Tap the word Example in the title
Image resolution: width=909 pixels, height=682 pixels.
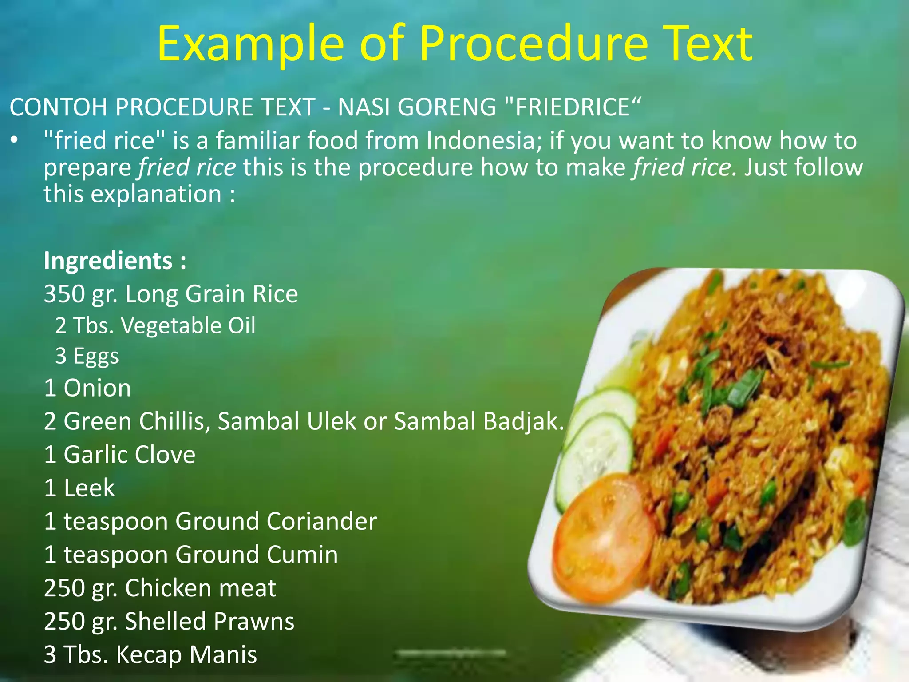click(x=250, y=44)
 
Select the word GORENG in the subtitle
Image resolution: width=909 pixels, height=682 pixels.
click(x=447, y=107)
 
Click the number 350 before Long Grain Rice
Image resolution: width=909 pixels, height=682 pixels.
click(x=64, y=294)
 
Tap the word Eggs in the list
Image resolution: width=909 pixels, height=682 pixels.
click(x=96, y=356)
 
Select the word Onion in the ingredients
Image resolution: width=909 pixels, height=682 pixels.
click(x=97, y=388)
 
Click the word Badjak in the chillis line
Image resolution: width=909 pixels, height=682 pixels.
click(x=523, y=421)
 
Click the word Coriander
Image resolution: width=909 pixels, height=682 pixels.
click(x=321, y=521)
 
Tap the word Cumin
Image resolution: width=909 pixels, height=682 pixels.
click(x=302, y=555)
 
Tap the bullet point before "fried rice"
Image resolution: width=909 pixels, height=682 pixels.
click(x=14, y=141)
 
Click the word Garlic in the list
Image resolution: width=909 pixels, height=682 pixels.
click(x=95, y=455)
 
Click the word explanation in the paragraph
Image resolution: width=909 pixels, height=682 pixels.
click(x=156, y=194)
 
